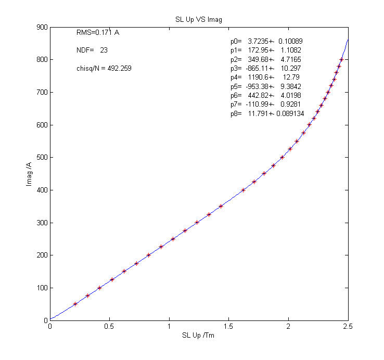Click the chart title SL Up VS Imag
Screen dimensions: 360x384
(199, 19)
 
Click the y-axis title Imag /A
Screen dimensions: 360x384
(30, 174)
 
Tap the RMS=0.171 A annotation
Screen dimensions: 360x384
(98, 33)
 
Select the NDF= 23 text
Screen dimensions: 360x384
(92, 50)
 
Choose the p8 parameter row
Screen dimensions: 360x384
(267, 114)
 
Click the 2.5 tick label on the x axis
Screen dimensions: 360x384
(348, 327)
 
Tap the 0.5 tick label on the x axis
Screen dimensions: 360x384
(110, 327)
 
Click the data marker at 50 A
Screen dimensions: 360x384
(75, 304)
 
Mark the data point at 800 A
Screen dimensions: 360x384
(341, 60)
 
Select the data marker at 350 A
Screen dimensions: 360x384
(221, 206)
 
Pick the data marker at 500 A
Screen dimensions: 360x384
(282, 157)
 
